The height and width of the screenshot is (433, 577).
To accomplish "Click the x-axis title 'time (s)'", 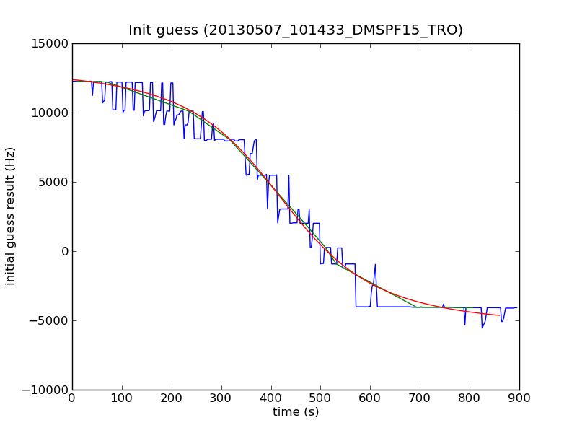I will [296, 412].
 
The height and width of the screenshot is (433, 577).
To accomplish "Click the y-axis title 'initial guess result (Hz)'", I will [11, 216].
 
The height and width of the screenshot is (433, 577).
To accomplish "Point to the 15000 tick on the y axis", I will [50, 43].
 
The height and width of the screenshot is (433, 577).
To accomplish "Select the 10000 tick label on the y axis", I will [50, 113].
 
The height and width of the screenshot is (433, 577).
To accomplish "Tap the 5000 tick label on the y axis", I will [53, 182].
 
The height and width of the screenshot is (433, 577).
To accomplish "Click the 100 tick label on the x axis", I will [122, 398].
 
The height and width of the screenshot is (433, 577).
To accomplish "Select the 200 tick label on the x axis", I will [172, 398].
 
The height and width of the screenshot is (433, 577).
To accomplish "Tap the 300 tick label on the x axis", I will [221, 398].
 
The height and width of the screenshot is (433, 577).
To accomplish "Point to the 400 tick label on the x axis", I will [271, 398].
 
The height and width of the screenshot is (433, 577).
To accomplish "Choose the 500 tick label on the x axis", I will [320, 398].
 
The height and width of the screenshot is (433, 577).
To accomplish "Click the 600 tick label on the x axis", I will [370, 398].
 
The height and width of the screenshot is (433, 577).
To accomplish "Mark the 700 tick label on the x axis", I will [420, 398].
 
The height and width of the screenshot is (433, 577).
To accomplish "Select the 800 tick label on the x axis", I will [470, 398].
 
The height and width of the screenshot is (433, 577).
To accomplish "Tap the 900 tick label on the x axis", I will [519, 398].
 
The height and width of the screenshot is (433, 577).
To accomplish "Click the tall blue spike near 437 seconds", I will [289, 175].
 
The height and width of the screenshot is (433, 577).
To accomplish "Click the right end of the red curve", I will [500, 315].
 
